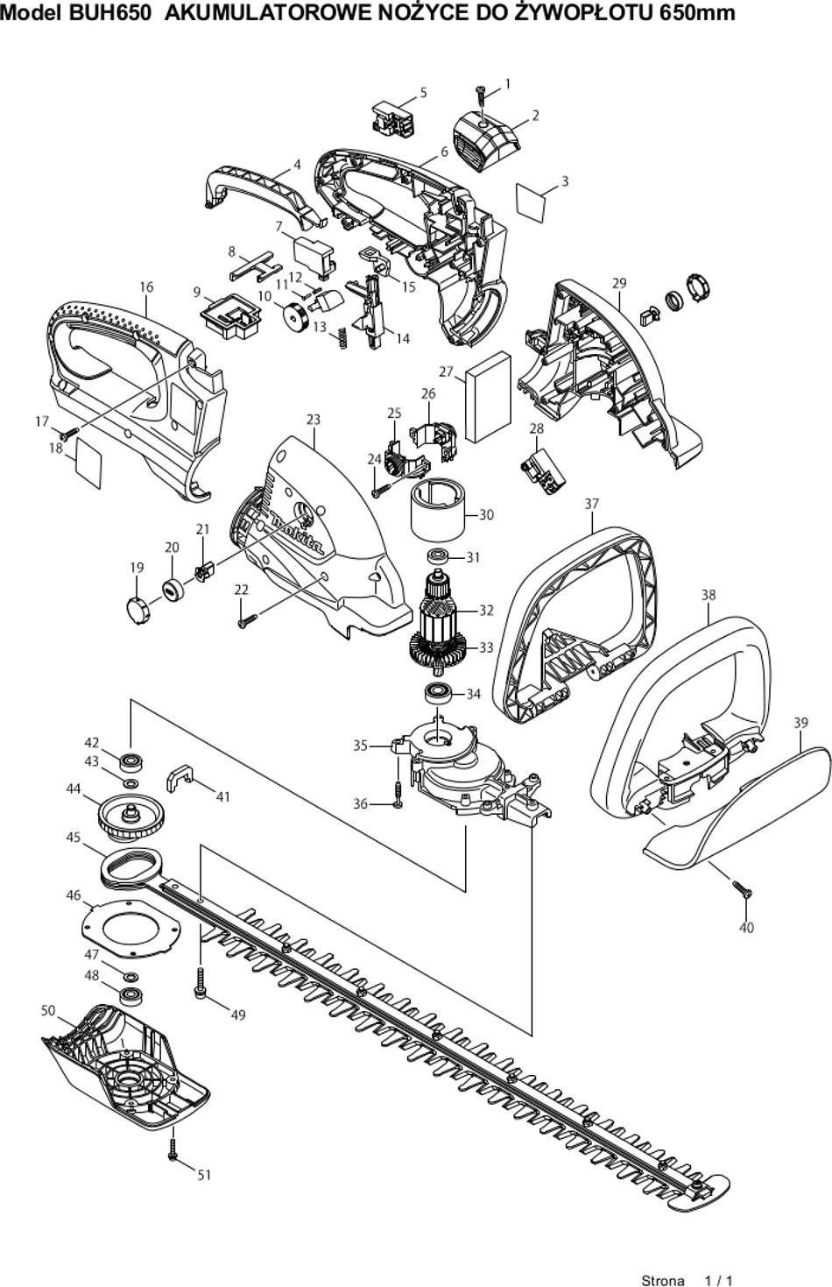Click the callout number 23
[313, 420]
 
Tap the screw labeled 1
[481, 94]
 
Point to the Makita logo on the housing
[298, 533]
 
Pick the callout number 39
[800, 723]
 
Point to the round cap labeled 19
[137, 610]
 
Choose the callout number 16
[146, 286]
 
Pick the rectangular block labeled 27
[488, 397]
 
